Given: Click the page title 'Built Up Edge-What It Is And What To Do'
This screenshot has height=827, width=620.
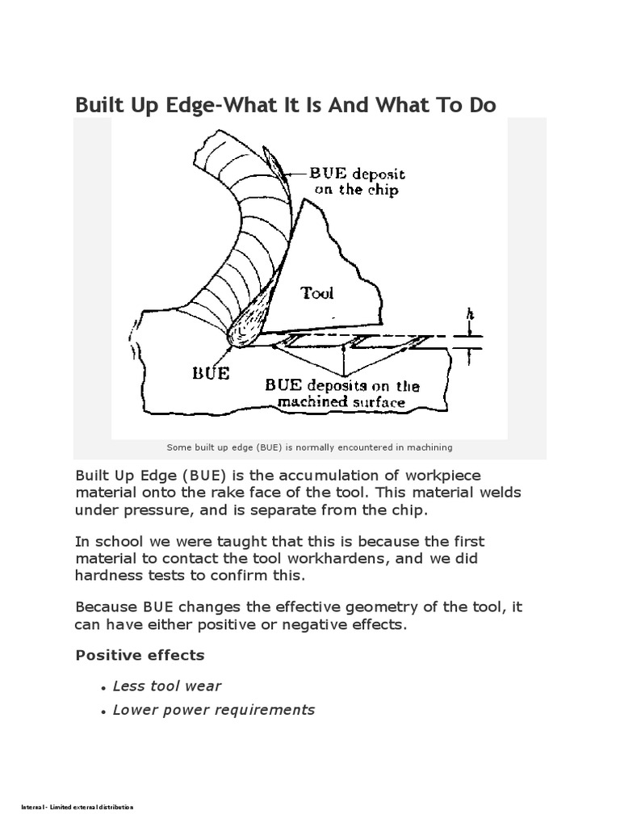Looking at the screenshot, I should click(x=285, y=105).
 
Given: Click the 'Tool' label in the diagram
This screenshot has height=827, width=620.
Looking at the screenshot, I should click(x=317, y=292).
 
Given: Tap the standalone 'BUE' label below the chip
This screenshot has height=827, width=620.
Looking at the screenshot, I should click(x=210, y=373).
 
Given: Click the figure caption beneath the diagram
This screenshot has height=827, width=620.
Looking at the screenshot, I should click(x=309, y=447).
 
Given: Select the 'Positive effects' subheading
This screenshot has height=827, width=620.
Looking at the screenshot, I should click(x=140, y=654).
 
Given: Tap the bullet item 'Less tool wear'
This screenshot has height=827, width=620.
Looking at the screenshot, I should click(x=167, y=686).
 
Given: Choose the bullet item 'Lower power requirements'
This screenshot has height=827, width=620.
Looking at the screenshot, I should click(x=214, y=710).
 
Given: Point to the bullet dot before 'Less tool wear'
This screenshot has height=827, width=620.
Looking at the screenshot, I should click(x=104, y=687).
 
